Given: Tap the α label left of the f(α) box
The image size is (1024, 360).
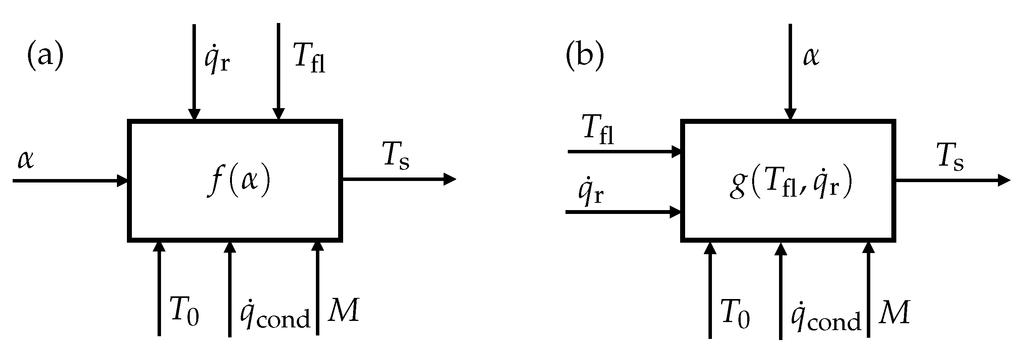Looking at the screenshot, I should click(x=26, y=160).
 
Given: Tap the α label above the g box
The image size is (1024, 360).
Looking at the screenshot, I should click(x=811, y=56).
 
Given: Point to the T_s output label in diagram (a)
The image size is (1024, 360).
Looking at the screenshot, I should click(x=396, y=156).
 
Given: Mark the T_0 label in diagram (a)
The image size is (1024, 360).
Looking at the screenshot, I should click(x=184, y=312).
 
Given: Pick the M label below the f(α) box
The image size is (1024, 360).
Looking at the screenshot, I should click(x=344, y=309).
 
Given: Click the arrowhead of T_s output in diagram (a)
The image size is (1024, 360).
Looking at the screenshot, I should click(x=450, y=179).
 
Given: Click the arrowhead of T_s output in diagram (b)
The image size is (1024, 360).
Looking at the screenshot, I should click(x=1004, y=181).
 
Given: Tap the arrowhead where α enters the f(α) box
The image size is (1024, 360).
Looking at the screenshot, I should click(x=122, y=181).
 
